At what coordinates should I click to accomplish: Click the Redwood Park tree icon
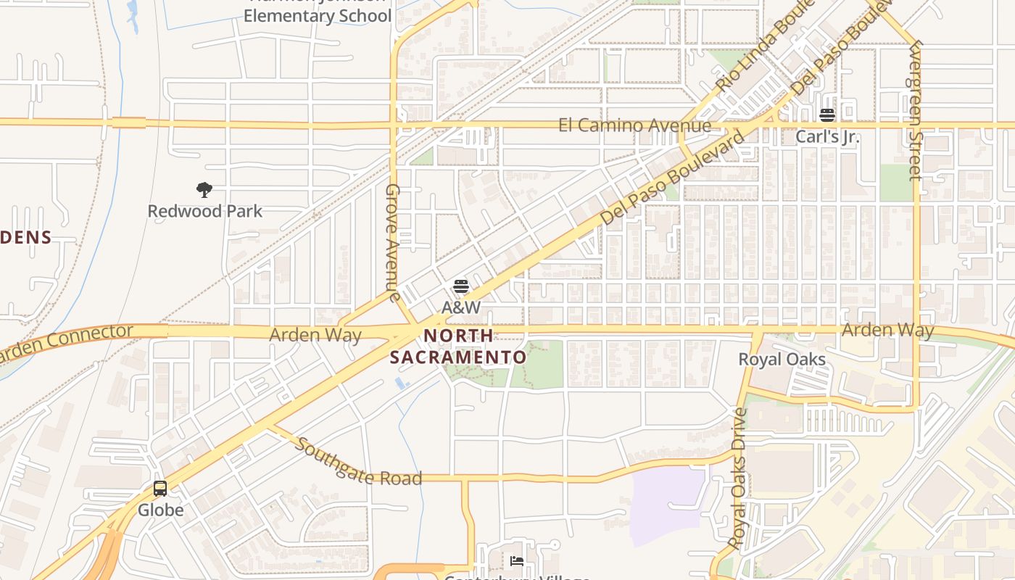[x=204, y=190]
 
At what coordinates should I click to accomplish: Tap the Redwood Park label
[x=204, y=211]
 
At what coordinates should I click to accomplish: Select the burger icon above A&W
[x=461, y=286]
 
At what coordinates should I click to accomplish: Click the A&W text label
[x=461, y=307]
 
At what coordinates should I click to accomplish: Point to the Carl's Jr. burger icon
[x=827, y=115]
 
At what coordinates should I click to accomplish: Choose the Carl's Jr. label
[x=827, y=136]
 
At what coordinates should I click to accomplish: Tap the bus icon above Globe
[x=160, y=489]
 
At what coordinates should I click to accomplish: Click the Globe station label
[x=160, y=510]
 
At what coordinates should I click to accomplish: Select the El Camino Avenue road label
[x=634, y=125]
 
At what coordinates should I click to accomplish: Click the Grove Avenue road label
[x=392, y=242]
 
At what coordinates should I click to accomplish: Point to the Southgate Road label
[x=358, y=463]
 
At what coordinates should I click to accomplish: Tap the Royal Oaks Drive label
[x=738, y=478]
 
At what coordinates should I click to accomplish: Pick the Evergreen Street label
[x=915, y=109]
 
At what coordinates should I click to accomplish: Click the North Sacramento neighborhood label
[x=458, y=347]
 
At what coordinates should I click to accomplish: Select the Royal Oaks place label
[x=782, y=359]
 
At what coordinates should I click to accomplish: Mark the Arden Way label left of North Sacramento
[x=315, y=335]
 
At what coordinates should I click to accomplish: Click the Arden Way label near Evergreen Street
[x=887, y=330]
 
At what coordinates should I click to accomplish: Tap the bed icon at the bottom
[x=517, y=560]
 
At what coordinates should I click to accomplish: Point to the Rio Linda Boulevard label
[x=755, y=51]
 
